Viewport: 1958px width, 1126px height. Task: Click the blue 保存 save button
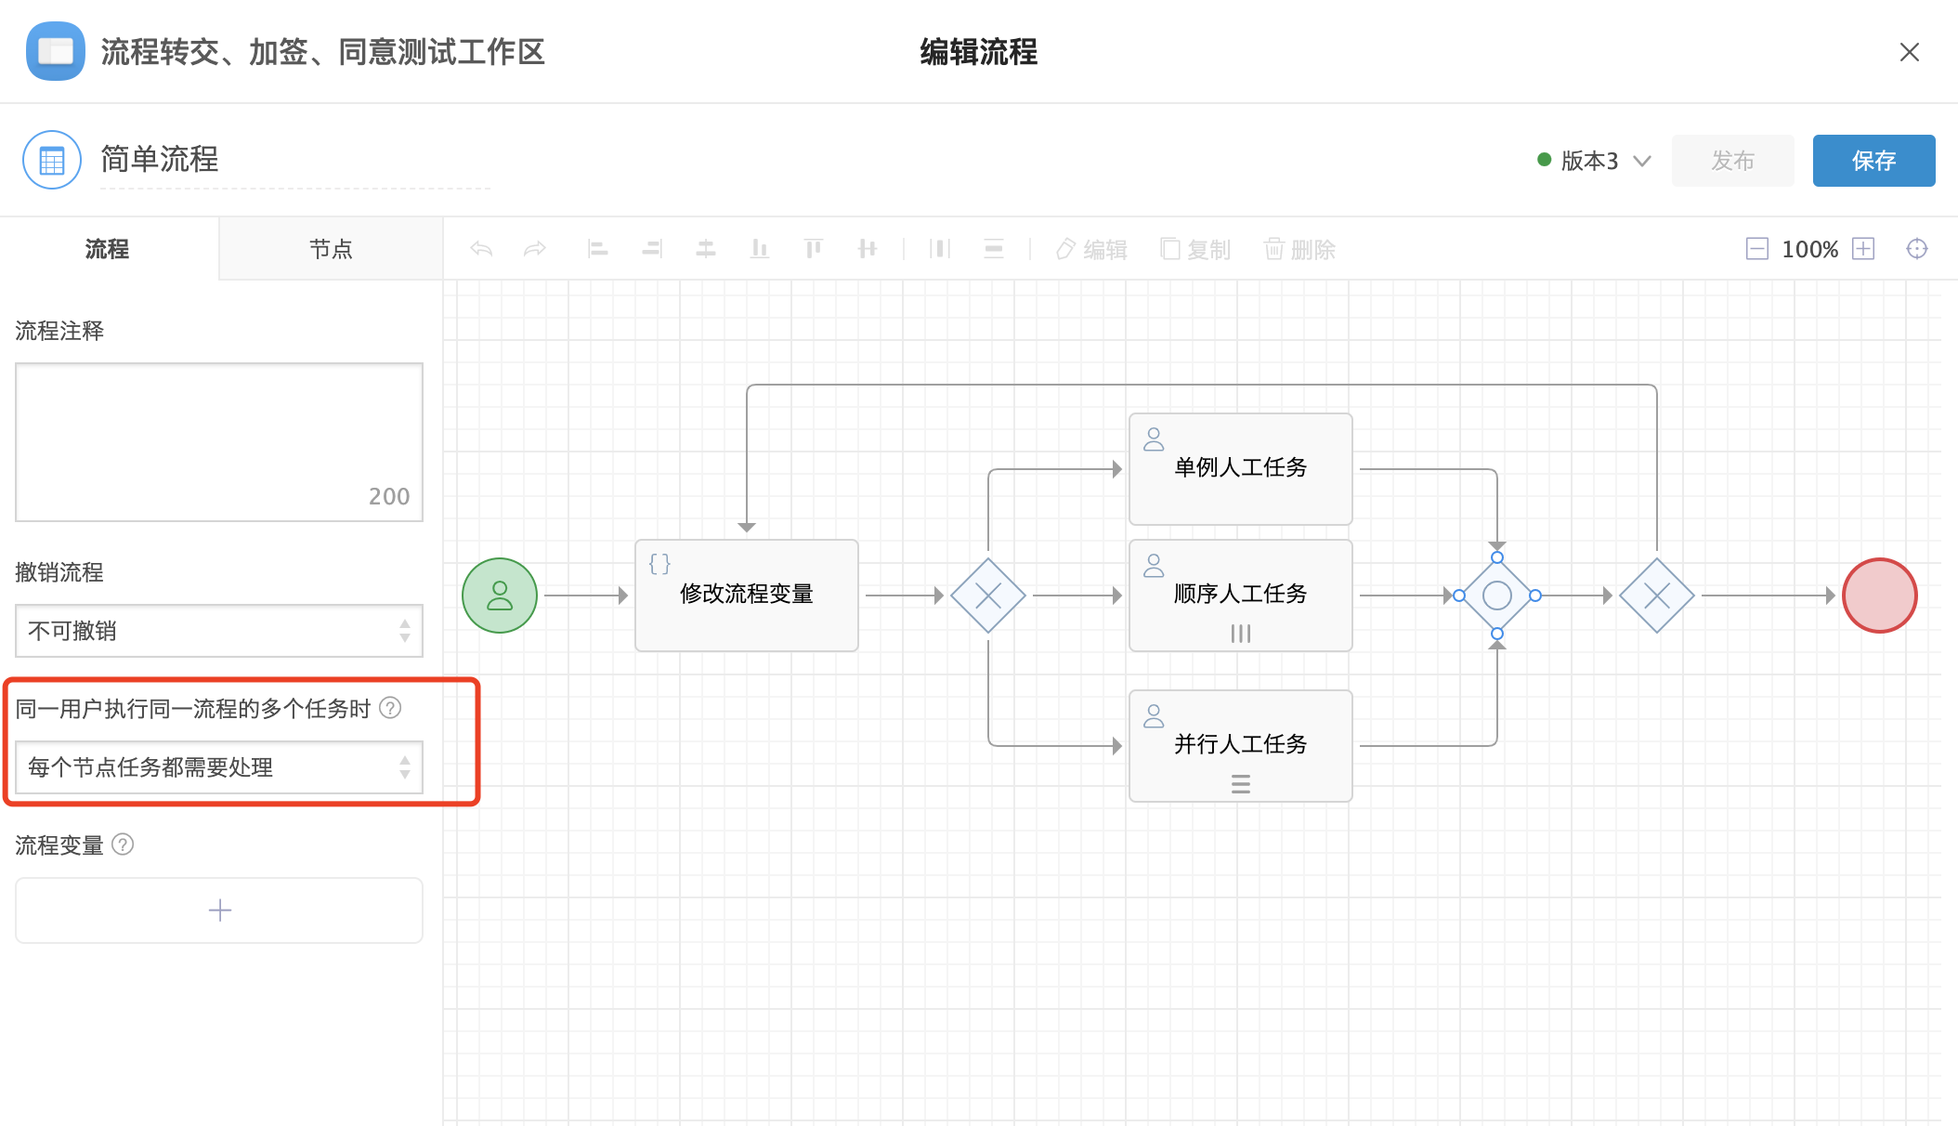tap(1873, 161)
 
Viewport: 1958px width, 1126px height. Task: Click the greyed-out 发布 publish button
tap(1732, 161)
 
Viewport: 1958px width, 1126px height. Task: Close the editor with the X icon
tap(1910, 52)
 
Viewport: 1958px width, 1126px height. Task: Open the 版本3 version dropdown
tap(1595, 161)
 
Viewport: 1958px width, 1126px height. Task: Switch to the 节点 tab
tap(331, 249)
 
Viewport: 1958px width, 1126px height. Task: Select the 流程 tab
tap(108, 249)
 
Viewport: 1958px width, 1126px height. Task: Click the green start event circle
tap(500, 596)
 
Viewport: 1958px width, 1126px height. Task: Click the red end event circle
tap(1880, 596)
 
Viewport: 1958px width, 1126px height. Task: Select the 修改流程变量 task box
tap(747, 596)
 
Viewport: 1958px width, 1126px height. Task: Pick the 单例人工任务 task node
tap(1241, 469)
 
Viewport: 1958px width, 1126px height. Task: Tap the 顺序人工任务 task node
tap(1241, 596)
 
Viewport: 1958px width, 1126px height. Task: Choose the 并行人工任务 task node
tap(1241, 746)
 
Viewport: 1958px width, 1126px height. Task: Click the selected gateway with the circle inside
tap(1497, 596)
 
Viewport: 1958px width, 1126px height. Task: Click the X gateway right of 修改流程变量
tap(988, 596)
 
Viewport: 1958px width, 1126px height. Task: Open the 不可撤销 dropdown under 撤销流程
tap(219, 631)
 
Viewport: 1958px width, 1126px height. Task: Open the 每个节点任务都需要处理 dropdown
tap(219, 767)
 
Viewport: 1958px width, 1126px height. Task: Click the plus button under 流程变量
tap(219, 910)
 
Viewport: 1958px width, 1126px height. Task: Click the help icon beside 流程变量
tap(123, 844)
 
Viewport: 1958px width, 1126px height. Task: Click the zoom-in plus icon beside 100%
tap(1863, 249)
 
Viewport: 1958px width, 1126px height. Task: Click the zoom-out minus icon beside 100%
tap(1757, 249)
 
